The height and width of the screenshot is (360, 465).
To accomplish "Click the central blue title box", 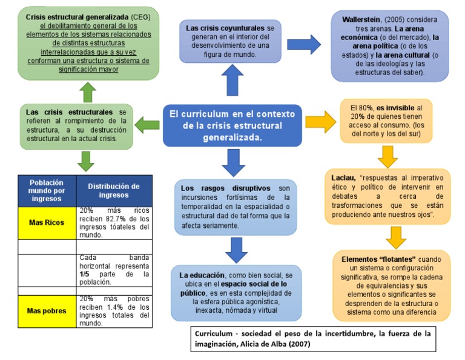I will point(232,125).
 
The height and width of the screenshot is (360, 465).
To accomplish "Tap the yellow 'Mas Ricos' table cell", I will point(47,222).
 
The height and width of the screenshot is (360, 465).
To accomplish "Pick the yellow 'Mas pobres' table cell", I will point(47,311).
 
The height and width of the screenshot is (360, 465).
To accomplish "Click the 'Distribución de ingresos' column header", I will point(113,190).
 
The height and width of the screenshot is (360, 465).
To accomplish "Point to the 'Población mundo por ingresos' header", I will point(47,190).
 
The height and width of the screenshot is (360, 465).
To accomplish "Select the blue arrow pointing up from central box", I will point(232,81).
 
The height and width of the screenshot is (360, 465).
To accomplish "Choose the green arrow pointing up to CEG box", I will point(88,92).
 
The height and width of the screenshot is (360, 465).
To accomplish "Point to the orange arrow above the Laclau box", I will point(387,156).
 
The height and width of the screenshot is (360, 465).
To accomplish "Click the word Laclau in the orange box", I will point(343,178).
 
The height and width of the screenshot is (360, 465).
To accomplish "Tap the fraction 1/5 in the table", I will point(85,273).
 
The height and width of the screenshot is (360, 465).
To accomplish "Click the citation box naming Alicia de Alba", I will point(313,339).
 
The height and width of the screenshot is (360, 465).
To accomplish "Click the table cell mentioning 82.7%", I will point(113,222).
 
